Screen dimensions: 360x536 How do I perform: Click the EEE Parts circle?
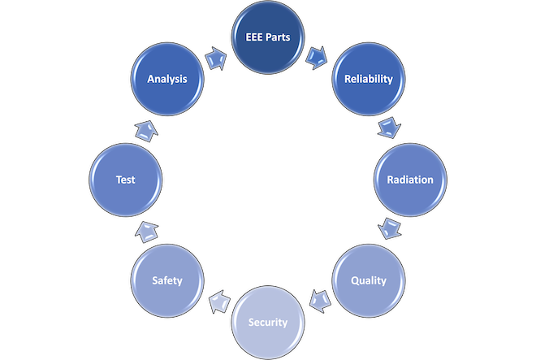(x=268, y=37)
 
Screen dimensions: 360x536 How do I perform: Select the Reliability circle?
(x=368, y=79)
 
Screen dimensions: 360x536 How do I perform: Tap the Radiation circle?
(x=409, y=180)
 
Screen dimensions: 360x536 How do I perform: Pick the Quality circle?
(x=368, y=280)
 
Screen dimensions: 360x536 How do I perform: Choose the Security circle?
(x=268, y=322)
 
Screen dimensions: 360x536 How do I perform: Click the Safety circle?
(x=166, y=280)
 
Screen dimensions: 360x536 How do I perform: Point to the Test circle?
(x=125, y=180)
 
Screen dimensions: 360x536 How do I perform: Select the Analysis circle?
(x=166, y=79)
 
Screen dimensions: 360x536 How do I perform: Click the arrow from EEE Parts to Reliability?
(x=318, y=55)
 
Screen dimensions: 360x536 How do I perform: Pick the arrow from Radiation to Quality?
(x=391, y=227)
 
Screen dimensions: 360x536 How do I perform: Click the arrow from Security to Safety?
(x=217, y=305)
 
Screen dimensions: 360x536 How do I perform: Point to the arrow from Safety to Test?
(x=145, y=231)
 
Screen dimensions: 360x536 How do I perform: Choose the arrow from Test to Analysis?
(x=145, y=128)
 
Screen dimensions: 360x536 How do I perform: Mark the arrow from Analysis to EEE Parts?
(x=217, y=57)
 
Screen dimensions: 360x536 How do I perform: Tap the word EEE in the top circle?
(x=254, y=37)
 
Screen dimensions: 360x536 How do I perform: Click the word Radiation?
(x=409, y=180)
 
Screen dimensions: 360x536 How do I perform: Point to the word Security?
(x=268, y=322)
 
